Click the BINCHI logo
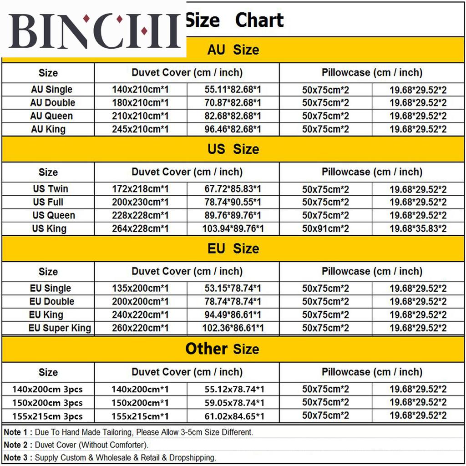click(93, 30)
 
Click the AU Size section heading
click(233, 50)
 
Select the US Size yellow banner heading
click(233, 149)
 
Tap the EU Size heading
click(233, 249)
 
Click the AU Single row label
click(51, 89)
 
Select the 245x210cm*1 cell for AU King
click(140, 129)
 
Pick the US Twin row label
click(51, 189)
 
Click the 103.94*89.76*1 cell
click(233, 229)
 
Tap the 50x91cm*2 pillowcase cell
click(325, 229)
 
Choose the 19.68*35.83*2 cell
click(418, 229)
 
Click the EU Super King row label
click(60, 328)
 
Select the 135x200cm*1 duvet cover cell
click(140, 289)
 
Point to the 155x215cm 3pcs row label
click(48, 416)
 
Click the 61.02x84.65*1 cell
click(233, 416)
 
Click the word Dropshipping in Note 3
click(192, 458)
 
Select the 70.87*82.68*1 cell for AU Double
click(233, 103)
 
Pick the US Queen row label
click(54, 215)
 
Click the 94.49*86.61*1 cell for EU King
click(233, 315)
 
